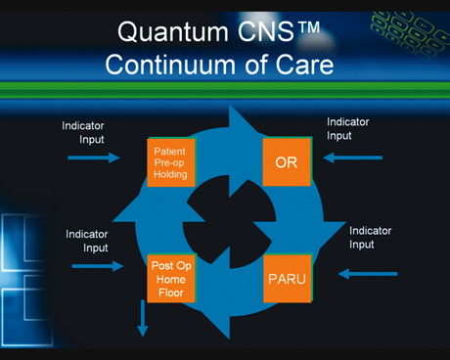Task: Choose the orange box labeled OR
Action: coord(287,161)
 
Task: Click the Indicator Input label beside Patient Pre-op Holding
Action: coord(83,133)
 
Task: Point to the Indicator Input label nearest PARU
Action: coord(371,238)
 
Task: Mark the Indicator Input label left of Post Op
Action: coord(87,241)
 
